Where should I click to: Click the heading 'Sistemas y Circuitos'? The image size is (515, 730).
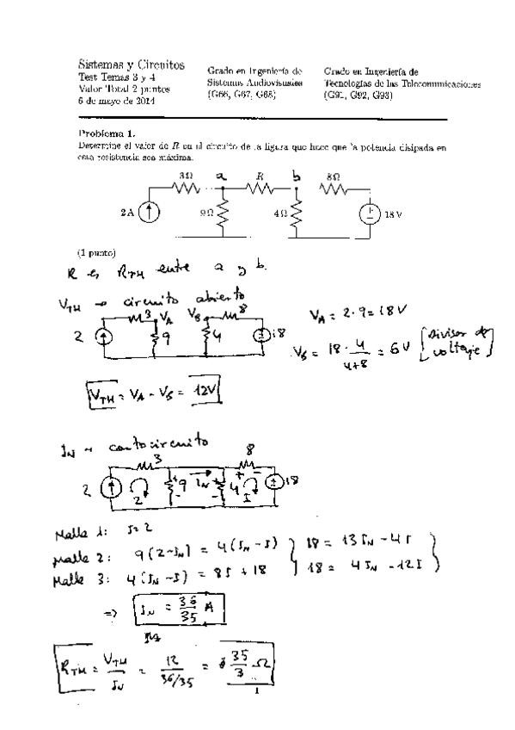[x=131, y=65]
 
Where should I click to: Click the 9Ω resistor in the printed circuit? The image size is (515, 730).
[x=222, y=213]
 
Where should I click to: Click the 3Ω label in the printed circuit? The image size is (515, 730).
[x=185, y=175]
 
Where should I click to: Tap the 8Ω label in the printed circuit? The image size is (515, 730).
[x=334, y=176]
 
